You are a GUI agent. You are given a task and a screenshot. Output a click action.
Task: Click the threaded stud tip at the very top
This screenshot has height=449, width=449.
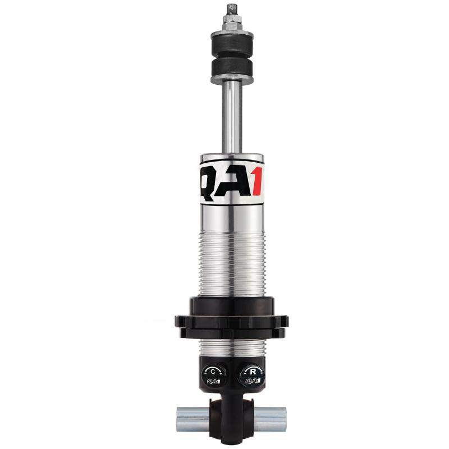click(232, 9)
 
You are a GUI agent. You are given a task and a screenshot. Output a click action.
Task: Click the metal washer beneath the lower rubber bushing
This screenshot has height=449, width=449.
click(232, 80)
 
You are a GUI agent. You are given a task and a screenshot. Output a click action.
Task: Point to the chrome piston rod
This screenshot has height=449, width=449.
click(232, 117)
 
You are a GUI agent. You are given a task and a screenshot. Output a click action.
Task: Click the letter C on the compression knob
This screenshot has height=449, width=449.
click(213, 372)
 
